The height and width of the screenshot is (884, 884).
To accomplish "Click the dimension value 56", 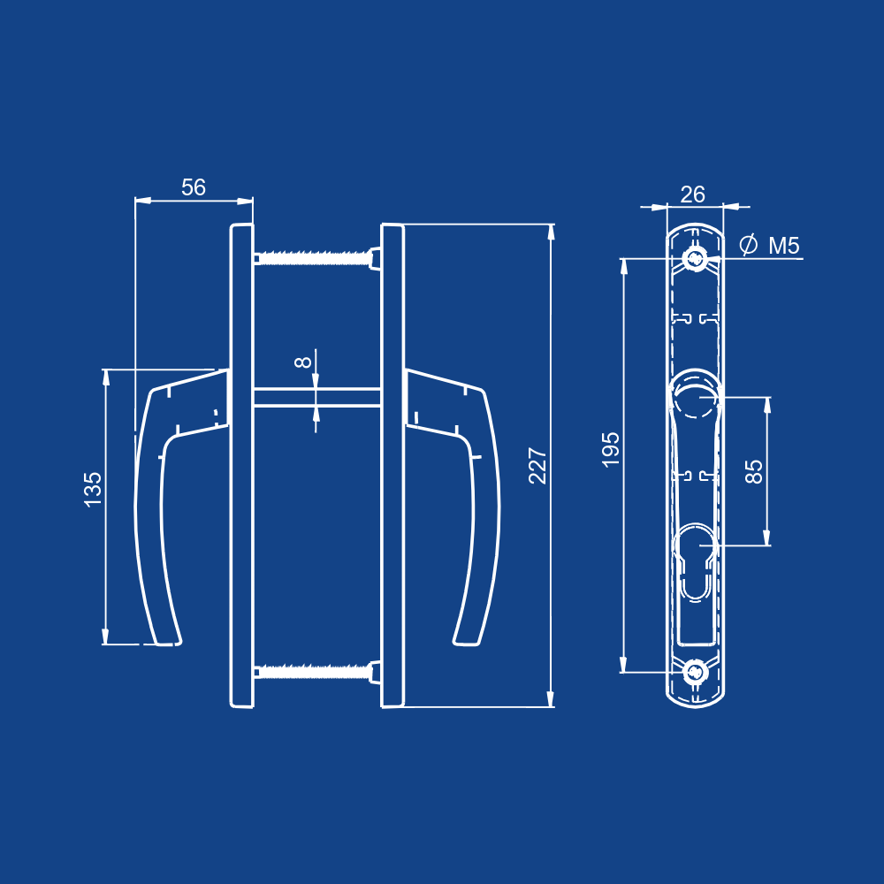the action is [x=194, y=187].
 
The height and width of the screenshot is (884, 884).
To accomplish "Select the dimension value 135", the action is [x=93, y=490].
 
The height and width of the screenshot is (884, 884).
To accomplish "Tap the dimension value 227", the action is [x=537, y=466].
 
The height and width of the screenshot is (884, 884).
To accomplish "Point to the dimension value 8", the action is [x=302, y=362].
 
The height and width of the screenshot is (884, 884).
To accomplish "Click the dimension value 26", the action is [x=692, y=194].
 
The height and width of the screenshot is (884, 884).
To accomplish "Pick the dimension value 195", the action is [x=611, y=449].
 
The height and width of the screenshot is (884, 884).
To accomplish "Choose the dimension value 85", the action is [x=754, y=471].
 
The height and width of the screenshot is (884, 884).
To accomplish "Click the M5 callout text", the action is [x=784, y=246].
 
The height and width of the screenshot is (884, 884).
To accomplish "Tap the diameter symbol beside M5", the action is [x=748, y=245].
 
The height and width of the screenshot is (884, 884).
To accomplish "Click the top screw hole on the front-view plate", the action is [x=695, y=259].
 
